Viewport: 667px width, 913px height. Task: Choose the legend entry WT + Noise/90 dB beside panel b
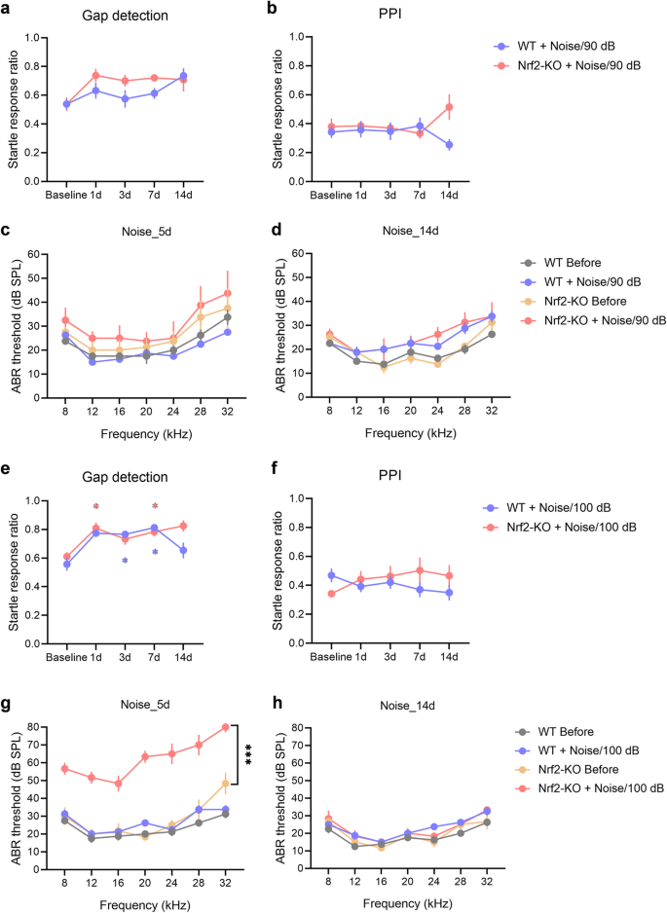coord(565,46)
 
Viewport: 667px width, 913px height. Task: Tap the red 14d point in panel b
coord(450,107)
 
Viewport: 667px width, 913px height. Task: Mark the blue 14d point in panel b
coord(450,145)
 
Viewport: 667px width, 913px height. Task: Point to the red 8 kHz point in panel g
coord(64,769)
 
